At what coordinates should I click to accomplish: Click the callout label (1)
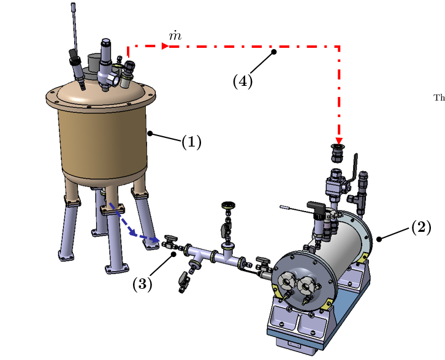191,142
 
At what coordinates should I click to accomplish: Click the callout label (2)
420,228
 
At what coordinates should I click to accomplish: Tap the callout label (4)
243,81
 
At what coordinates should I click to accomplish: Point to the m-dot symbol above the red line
175,36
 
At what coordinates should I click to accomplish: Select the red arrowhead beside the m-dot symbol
165,46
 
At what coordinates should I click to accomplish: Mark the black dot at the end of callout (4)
274,52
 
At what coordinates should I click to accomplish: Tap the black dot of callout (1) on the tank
150,132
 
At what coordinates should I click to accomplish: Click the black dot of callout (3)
174,253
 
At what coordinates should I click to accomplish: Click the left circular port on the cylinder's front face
287,281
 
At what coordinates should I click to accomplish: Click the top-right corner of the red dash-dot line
338,46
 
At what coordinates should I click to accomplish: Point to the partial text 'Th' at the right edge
439,97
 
